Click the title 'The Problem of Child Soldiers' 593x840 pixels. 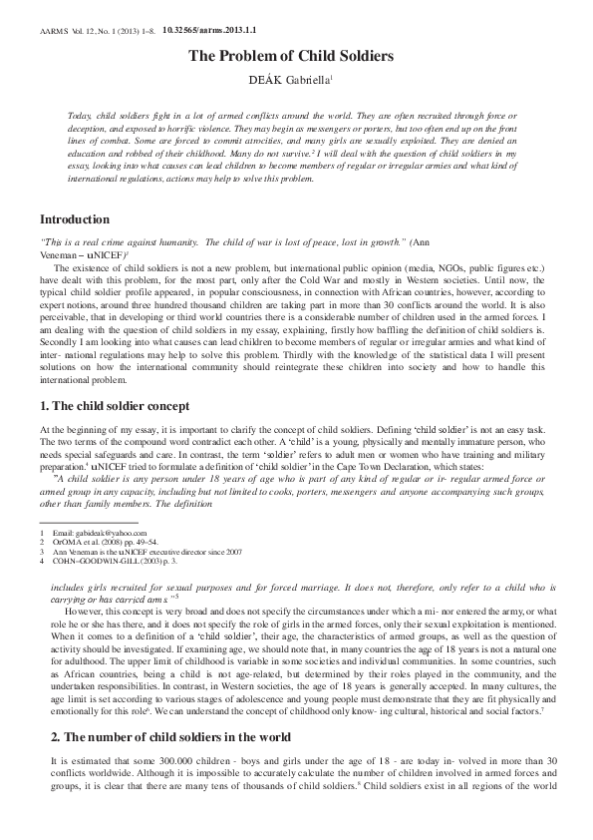click(x=296, y=56)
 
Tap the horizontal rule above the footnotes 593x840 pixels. click(x=74, y=524)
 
